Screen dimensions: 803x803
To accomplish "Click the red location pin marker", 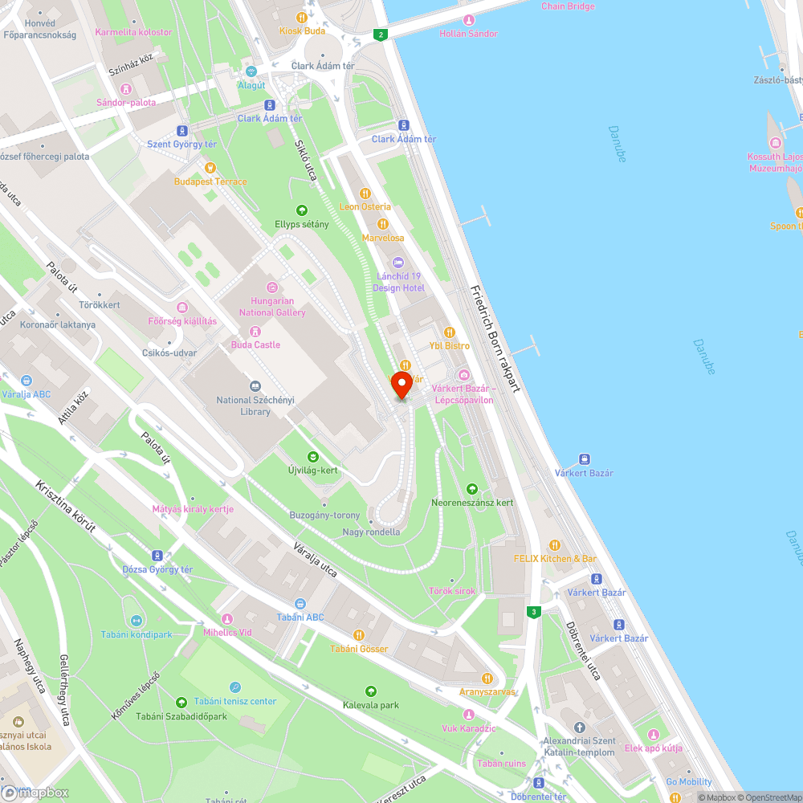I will [401, 385].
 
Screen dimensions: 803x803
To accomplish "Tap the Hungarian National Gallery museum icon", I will [272, 287].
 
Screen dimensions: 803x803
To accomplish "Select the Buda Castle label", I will [255, 344].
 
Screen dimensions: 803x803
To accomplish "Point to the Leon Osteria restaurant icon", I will [365, 193].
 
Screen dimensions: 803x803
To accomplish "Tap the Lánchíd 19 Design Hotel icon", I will [398, 263].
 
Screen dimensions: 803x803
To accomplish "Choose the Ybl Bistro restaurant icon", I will [450, 332].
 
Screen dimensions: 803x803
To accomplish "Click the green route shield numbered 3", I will [534, 612].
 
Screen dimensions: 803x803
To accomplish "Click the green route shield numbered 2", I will [381, 35].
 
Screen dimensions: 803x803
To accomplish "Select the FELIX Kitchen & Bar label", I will [555, 558].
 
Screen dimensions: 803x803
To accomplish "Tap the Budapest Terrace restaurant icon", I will [210, 168].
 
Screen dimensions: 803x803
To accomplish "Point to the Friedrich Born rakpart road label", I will [496, 338].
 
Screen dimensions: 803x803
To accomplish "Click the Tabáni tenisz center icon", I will [234, 687].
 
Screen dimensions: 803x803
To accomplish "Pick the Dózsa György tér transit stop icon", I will [157, 556].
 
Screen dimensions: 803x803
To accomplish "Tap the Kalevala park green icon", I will [370, 691].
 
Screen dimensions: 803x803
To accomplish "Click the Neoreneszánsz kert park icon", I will [472, 488].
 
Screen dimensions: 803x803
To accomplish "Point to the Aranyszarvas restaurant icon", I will [487, 678].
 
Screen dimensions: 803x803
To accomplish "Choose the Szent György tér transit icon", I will [183, 130].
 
